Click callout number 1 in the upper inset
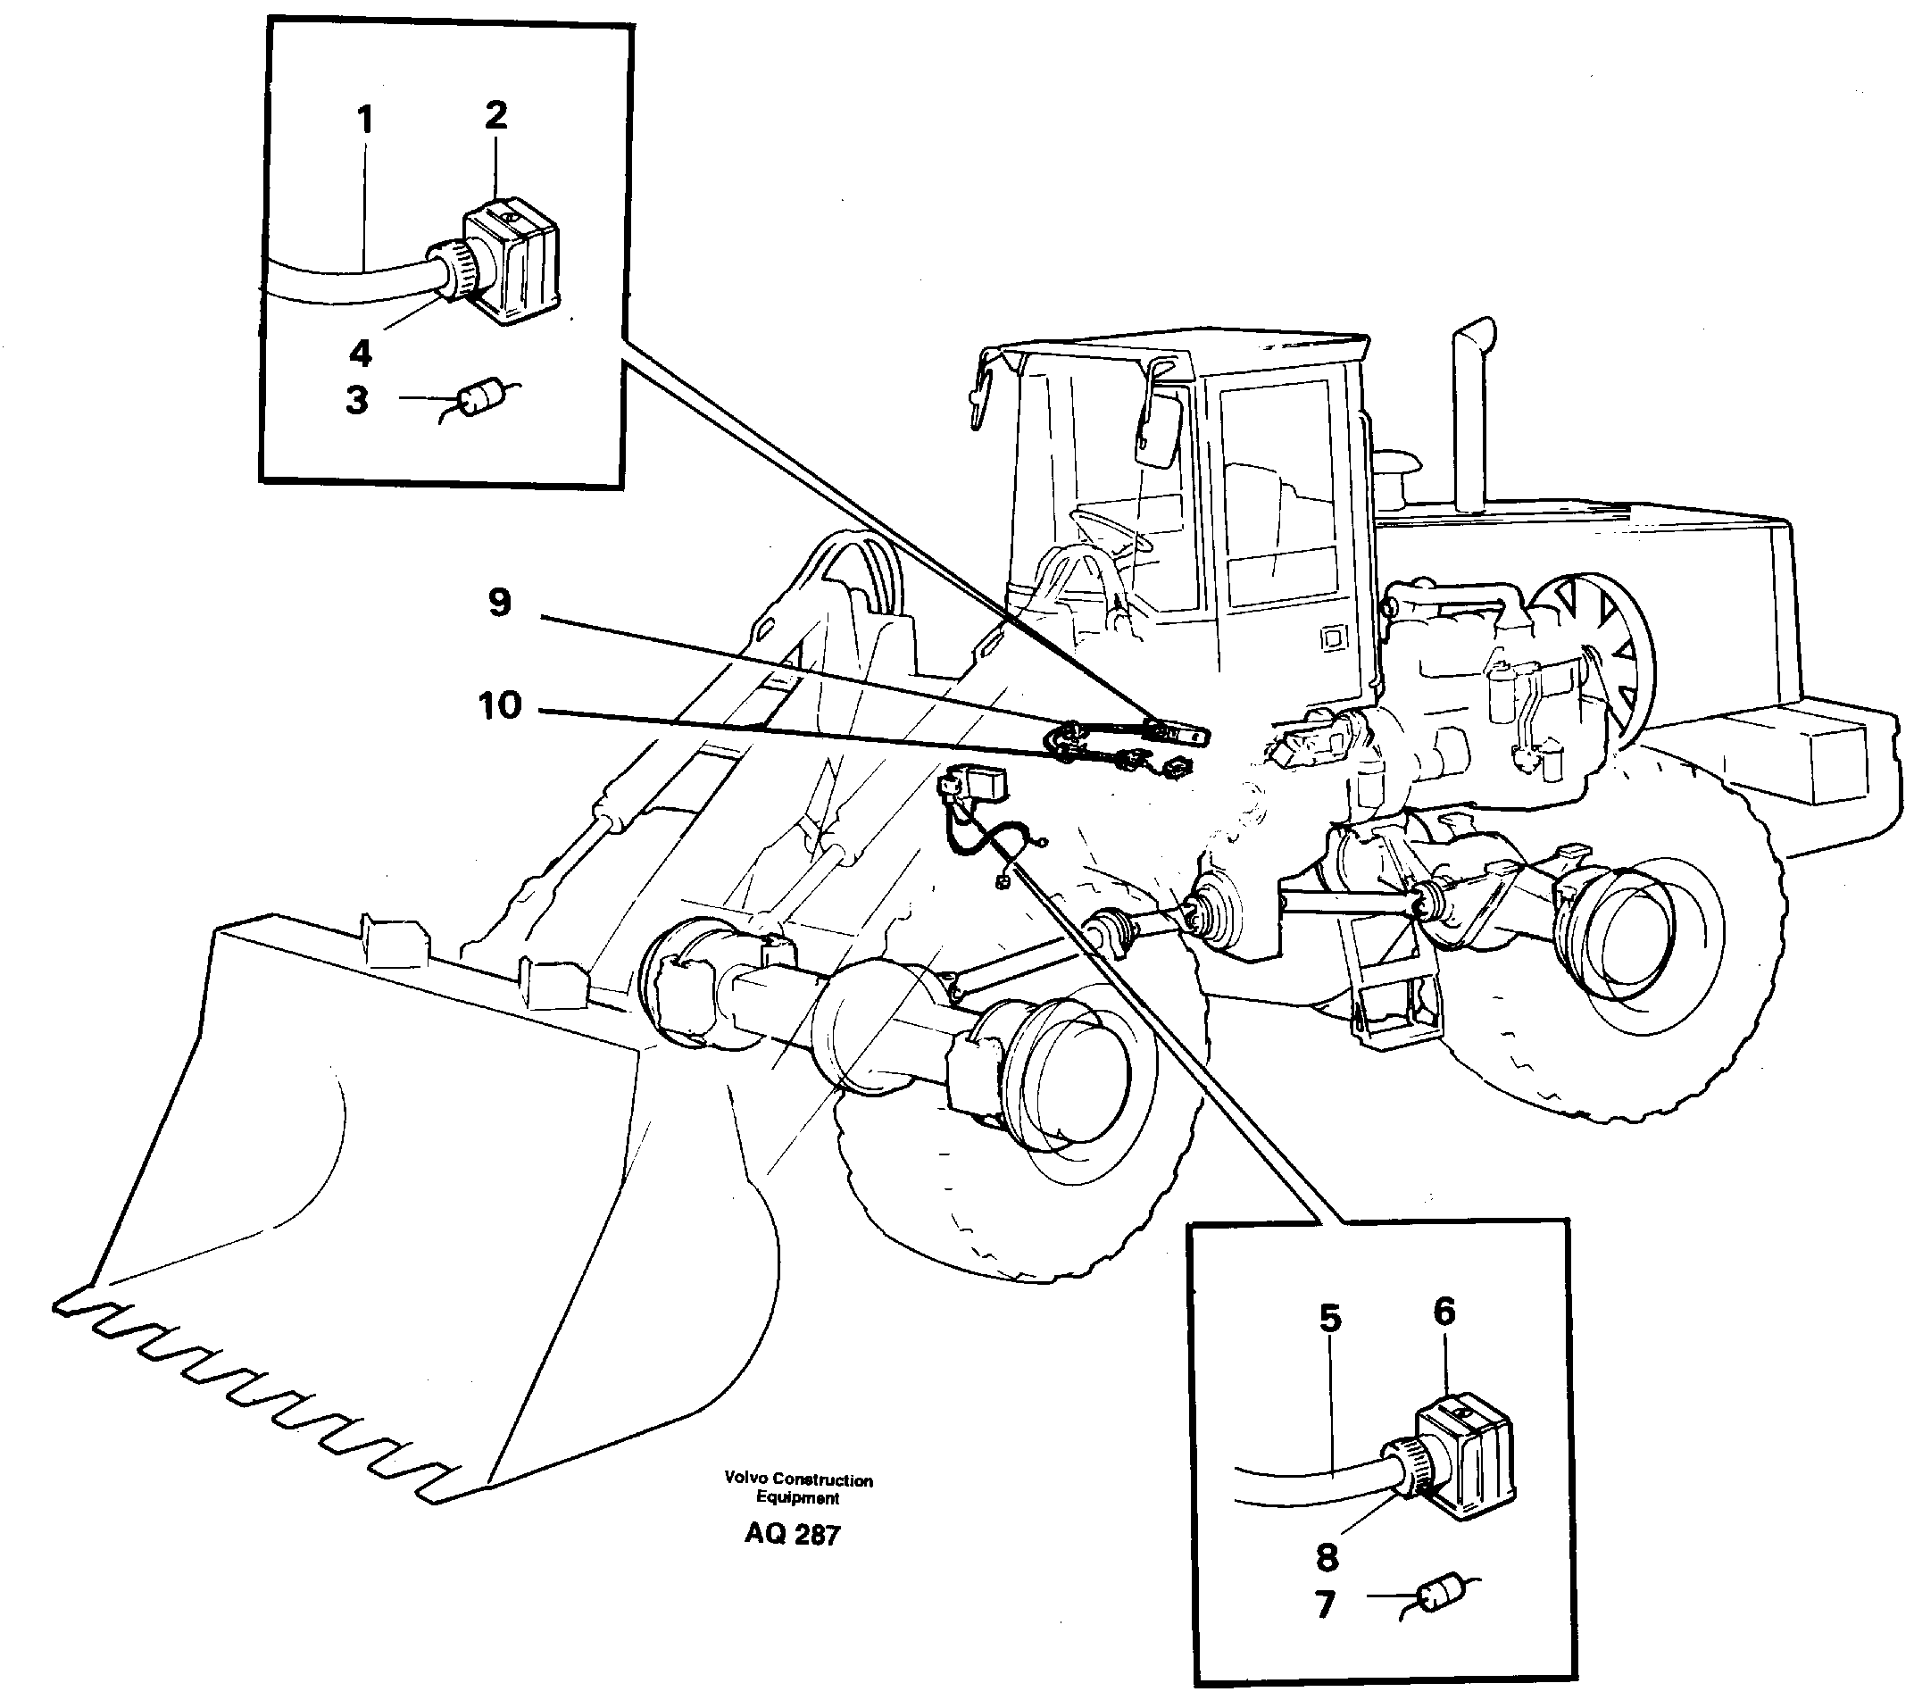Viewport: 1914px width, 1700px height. tap(365, 121)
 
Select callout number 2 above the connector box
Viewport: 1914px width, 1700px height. tap(495, 115)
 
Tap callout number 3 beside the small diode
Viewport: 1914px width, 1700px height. tap(357, 400)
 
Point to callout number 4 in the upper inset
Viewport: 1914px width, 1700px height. tap(361, 353)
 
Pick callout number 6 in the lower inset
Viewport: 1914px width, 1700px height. tap(1444, 1312)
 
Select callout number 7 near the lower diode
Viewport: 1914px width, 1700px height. tap(1324, 1605)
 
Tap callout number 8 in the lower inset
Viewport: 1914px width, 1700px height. tap(1327, 1558)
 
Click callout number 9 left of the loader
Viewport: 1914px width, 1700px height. tap(500, 604)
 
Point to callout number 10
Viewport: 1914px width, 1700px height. tap(500, 705)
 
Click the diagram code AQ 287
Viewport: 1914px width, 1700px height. tap(792, 1535)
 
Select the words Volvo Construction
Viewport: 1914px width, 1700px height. tap(798, 1479)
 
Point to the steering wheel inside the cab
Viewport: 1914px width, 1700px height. tap(1114, 529)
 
